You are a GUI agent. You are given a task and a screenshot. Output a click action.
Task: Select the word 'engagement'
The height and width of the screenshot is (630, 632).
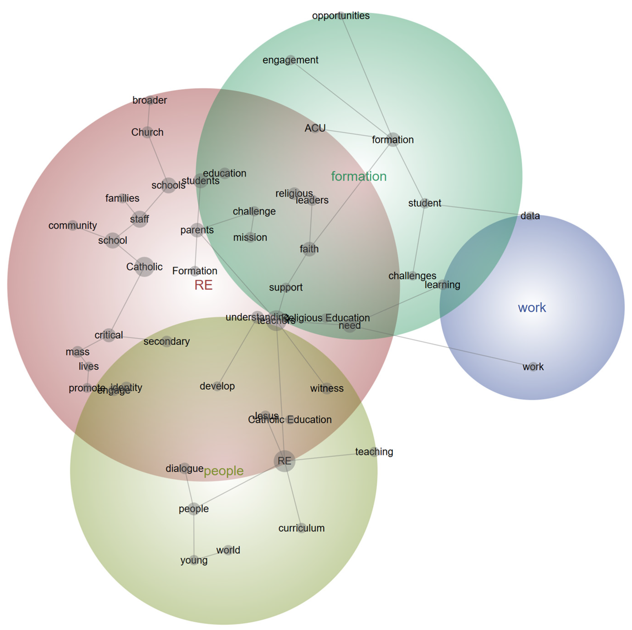(x=290, y=60)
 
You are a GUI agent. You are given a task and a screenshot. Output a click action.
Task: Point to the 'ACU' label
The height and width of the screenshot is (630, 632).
(x=315, y=128)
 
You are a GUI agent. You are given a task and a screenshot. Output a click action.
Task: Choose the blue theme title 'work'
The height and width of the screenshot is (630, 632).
(x=532, y=308)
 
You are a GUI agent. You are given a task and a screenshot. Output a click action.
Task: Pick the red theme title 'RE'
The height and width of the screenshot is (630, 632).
(x=203, y=285)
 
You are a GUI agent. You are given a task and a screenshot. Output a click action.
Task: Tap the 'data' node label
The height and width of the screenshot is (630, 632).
(x=530, y=216)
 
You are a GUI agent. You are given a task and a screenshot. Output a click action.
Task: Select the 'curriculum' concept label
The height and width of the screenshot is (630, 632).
(x=301, y=528)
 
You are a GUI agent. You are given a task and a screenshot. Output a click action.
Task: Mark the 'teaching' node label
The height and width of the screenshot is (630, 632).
(x=374, y=452)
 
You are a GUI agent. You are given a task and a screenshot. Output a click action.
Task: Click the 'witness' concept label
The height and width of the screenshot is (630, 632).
(x=327, y=388)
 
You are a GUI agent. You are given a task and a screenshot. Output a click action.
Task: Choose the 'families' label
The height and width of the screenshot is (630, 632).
(x=122, y=198)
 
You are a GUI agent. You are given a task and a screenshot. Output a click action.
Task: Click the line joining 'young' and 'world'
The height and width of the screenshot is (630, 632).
(x=209, y=555)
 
